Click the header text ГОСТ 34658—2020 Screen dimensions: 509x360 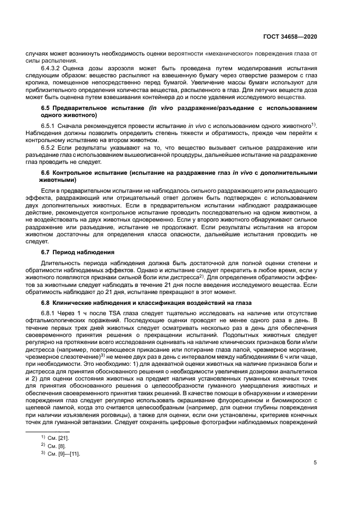(294, 36)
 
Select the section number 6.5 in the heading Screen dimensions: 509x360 (47, 108)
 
